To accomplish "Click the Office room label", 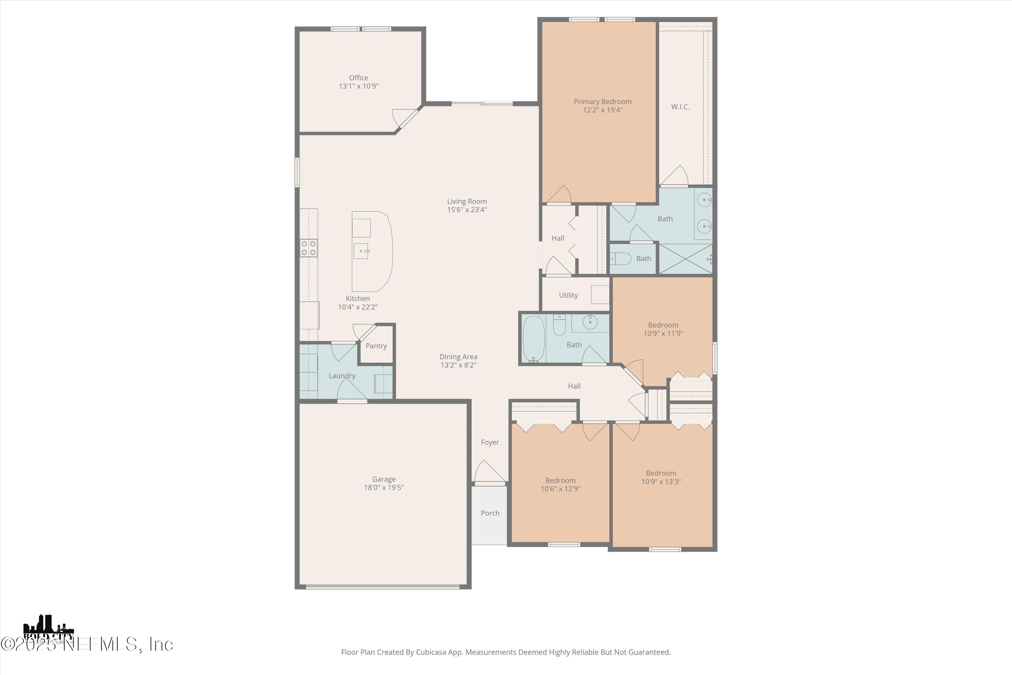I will point(358,78).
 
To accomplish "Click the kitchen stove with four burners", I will point(309,248).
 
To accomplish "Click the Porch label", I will point(490,513).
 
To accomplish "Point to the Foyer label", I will point(490,442).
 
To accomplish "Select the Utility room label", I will point(568,295).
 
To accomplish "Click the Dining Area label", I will point(458,357).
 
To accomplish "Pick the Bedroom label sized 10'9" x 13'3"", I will point(660,474).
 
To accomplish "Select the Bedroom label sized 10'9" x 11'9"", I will point(663,325).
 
